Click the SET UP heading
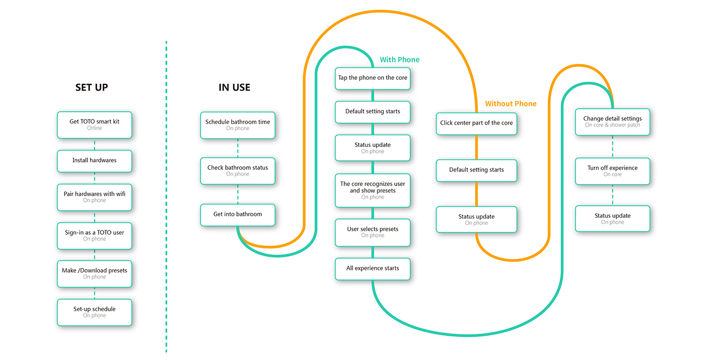(92, 87)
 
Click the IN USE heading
(234, 87)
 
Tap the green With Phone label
(400, 59)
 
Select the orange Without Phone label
(511, 104)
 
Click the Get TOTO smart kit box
(95, 125)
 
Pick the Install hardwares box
(95, 161)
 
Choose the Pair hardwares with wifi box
(95, 197)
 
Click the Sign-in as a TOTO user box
(95, 235)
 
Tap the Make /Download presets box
(95, 274)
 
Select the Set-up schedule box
(95, 312)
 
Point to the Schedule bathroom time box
(238, 125)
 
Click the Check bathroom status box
(238, 171)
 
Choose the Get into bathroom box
(238, 215)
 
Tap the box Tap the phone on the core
(373, 78)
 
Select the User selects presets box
(373, 232)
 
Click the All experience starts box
(373, 268)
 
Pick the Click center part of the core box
(477, 123)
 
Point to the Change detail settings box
(612, 122)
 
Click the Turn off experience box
(612, 171)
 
